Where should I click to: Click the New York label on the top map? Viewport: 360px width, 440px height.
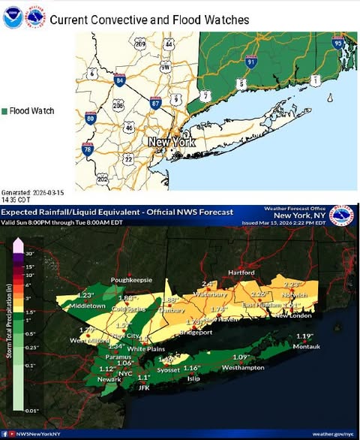(x=172, y=141)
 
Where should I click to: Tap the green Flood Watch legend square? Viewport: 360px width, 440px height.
(x=5, y=111)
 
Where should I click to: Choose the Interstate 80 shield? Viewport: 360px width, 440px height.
(x=90, y=118)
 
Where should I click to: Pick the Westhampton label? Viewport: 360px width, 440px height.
(x=242, y=367)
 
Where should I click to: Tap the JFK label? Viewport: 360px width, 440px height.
(x=144, y=387)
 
